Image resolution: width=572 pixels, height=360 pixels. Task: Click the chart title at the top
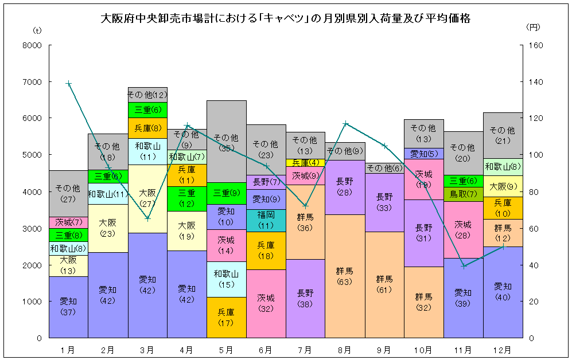286,18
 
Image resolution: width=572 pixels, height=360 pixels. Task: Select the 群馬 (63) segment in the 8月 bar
345,276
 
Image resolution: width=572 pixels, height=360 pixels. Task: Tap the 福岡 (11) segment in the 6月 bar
266,221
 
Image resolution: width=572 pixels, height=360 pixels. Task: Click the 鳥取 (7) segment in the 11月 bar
463,194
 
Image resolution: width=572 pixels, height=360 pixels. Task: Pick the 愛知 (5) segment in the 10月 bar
424,153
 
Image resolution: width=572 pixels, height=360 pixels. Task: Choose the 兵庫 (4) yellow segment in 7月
306,163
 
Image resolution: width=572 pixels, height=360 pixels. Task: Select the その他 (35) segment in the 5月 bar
227,142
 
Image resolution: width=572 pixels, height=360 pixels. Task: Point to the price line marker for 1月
69,83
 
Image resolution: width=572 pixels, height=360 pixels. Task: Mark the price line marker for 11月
464,266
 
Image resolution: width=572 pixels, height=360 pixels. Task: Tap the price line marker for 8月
345,123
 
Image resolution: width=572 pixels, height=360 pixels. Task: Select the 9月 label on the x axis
384,349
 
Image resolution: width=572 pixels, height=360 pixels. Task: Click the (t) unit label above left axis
38,29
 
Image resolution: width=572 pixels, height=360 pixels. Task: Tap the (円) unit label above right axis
533,27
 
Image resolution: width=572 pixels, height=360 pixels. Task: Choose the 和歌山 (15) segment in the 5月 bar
227,279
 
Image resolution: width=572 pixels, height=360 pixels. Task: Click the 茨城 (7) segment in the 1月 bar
69,222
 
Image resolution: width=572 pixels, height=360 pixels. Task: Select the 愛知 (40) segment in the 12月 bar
503,292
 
